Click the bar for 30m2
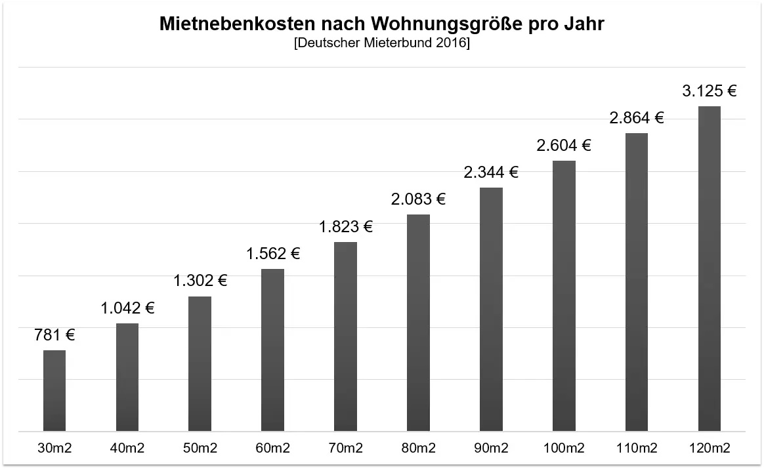click(x=54, y=391)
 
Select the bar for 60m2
click(x=272, y=350)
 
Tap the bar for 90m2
click(x=491, y=310)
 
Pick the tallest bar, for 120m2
click(x=709, y=269)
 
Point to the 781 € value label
click(x=54, y=335)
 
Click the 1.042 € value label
click(x=127, y=308)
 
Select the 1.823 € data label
click(x=346, y=227)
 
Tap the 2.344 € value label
click(x=491, y=173)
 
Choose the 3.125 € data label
click(x=709, y=91)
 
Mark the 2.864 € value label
click(x=637, y=118)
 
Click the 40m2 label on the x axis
click(x=127, y=449)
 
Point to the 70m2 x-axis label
click(x=346, y=449)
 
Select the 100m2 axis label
click(x=564, y=449)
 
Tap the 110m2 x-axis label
click(x=637, y=449)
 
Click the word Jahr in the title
click(x=584, y=25)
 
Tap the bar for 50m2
click(x=200, y=364)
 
